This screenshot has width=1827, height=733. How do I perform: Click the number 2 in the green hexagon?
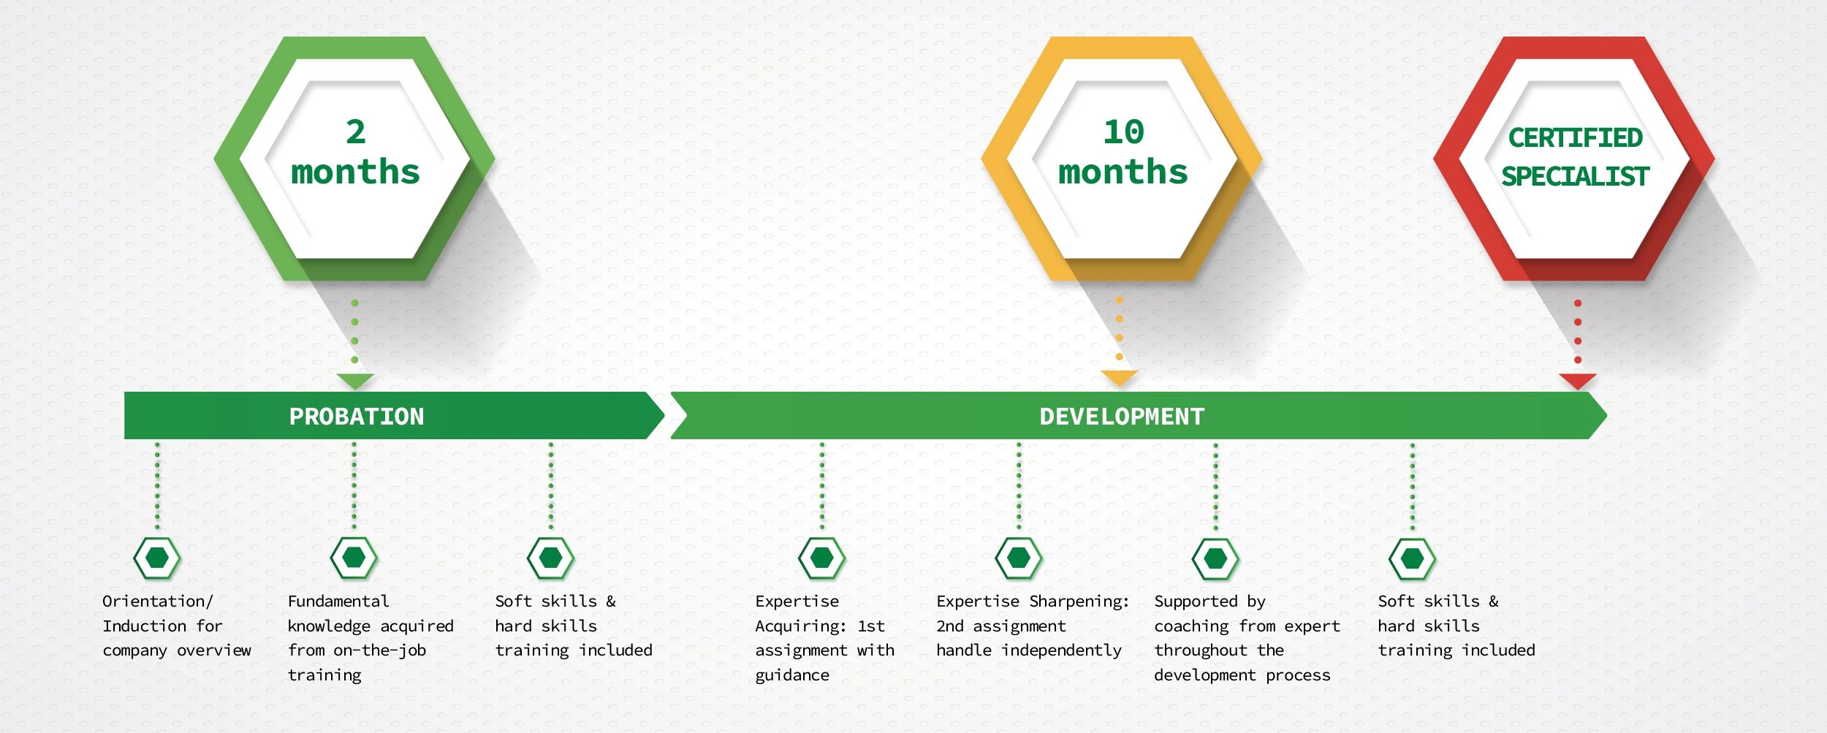coord(356,132)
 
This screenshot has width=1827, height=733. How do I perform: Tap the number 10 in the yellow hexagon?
coord(1123,132)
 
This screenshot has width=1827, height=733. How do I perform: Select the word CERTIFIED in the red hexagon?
coord(1575,137)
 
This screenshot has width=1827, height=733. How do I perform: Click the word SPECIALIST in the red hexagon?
coord(1575,176)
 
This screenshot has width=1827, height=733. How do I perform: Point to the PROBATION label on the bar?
coord(357,417)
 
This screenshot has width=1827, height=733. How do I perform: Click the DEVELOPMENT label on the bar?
coord(1122,417)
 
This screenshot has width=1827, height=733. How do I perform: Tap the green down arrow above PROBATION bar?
coord(355,381)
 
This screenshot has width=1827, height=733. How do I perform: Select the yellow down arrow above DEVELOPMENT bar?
coord(1119,378)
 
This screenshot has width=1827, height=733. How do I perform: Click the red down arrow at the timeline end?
coord(1577,381)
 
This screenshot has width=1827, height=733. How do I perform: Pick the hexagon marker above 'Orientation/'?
coord(157,558)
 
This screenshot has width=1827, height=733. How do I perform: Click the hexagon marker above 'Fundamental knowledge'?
coord(354,558)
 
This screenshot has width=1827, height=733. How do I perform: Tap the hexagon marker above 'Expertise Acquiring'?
coord(821,558)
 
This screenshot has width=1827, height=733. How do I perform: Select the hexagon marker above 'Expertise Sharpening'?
coord(1019,558)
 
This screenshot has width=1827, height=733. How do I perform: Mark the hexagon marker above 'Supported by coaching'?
coord(1215,558)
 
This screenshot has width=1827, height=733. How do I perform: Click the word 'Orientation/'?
coord(158,601)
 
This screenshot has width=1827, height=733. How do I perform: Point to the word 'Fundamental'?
coord(338,601)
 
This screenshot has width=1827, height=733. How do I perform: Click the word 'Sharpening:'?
coord(1079,602)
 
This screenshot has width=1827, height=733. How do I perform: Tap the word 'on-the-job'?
coord(379,650)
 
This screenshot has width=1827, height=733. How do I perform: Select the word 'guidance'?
coord(792,675)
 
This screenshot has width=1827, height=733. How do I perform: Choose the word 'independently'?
coord(1061,650)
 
